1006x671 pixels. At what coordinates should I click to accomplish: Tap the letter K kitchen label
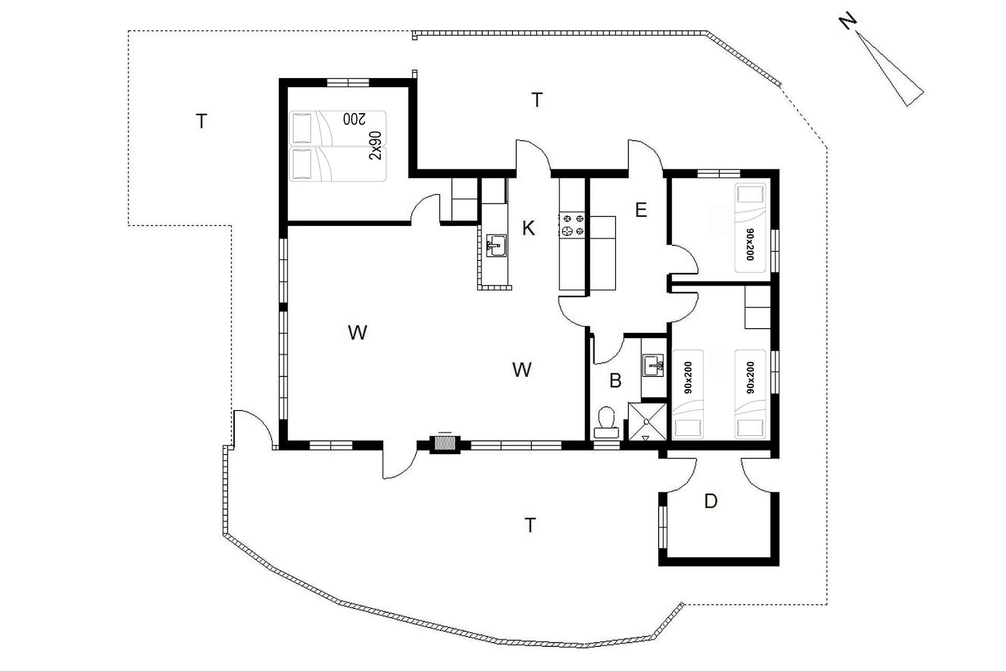click(529, 229)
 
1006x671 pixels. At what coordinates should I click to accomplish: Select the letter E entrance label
click(641, 210)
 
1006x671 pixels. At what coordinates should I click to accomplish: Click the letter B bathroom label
click(616, 381)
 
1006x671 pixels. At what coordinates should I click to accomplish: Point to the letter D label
click(710, 502)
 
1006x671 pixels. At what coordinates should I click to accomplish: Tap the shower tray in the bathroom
click(647, 421)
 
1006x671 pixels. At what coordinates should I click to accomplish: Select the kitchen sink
click(496, 245)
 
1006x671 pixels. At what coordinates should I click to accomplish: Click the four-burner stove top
click(573, 224)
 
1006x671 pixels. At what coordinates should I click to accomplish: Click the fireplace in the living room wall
click(445, 444)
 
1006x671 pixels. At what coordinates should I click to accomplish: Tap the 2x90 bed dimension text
click(376, 145)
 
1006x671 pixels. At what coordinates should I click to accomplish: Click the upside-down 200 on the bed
click(354, 119)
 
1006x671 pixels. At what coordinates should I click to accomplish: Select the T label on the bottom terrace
click(530, 525)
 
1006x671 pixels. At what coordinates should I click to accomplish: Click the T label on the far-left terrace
click(201, 122)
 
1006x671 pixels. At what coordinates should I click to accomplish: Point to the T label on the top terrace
click(537, 100)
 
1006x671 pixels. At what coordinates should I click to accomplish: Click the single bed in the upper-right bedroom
click(750, 228)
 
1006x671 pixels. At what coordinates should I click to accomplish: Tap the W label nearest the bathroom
click(522, 370)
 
